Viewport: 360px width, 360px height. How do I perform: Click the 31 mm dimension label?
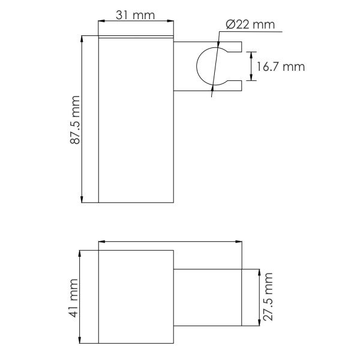[x=135, y=15]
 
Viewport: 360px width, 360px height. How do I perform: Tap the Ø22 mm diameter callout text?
[x=250, y=25]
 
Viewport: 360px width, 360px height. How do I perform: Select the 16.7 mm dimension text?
[x=281, y=67]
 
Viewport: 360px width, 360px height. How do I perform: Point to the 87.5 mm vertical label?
[x=75, y=120]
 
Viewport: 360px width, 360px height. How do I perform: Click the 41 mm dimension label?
[x=74, y=298]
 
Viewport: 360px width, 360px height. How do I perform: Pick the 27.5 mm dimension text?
[x=268, y=296]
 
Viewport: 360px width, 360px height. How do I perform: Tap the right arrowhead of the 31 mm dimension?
[x=170, y=21]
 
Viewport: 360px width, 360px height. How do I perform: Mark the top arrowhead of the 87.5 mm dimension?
[x=82, y=39]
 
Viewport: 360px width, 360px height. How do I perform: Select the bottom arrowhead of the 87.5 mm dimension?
[x=82, y=199]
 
